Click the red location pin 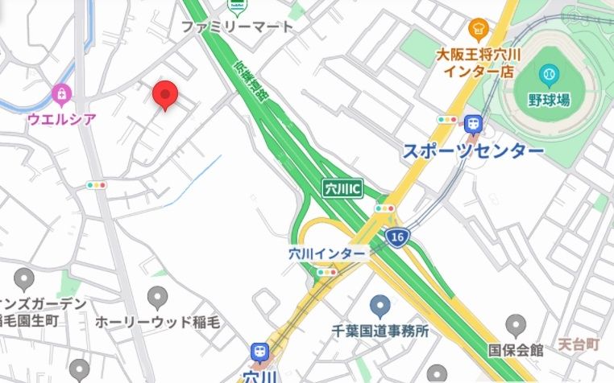(165, 95)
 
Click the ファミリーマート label (237, 27)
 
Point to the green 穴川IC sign (342, 188)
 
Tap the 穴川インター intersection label (326, 253)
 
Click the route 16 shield (396, 237)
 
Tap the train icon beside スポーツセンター (472, 124)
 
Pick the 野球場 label (549, 100)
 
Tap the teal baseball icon (550, 75)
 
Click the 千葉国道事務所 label (380, 330)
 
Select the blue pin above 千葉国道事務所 (380, 306)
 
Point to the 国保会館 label (516, 350)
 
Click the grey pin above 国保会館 (517, 326)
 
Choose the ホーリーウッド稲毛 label (158, 322)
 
